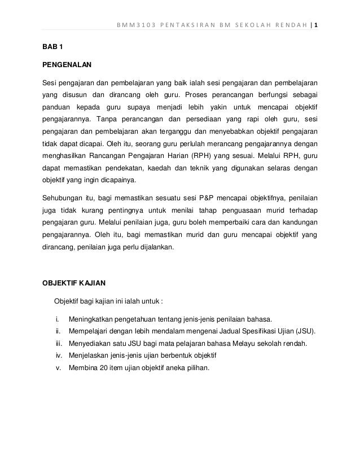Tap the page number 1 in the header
316,25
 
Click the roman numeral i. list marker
58,318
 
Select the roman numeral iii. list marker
58,343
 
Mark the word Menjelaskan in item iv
90,355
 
